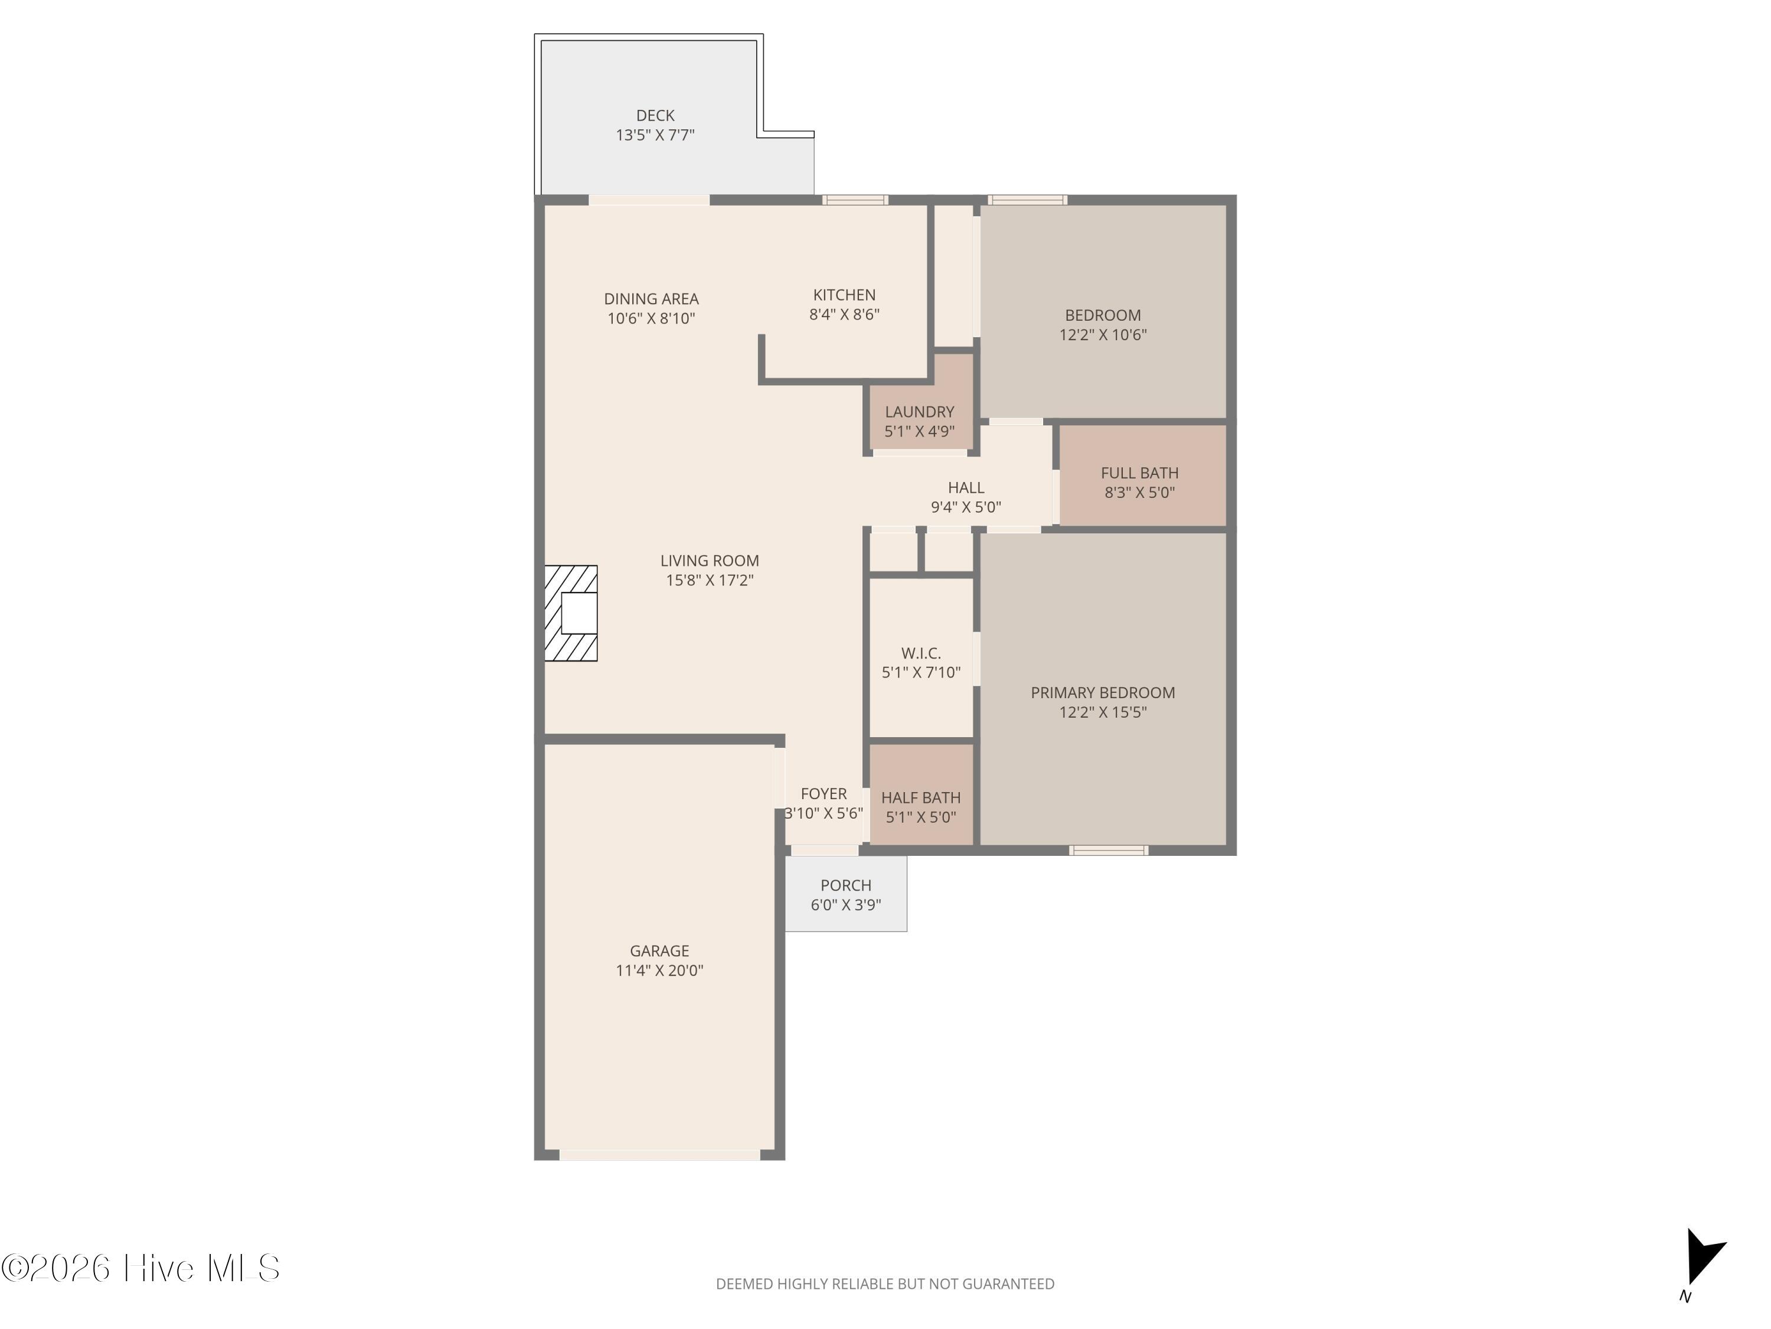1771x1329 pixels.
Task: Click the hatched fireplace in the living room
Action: [x=571, y=614]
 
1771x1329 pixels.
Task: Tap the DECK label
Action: [x=655, y=115]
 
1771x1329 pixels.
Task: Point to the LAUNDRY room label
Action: [x=919, y=412]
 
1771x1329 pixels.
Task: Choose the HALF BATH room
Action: [x=921, y=794]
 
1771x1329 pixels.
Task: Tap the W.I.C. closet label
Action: [x=921, y=653]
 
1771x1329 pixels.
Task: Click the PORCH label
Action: [x=845, y=885]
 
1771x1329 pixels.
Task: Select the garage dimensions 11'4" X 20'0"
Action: [x=659, y=970]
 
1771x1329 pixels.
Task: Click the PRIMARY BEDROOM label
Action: [x=1103, y=693]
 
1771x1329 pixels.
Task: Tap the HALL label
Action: [x=966, y=488]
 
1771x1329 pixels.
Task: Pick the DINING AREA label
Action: [x=651, y=299]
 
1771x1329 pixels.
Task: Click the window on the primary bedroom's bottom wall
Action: [x=1109, y=850]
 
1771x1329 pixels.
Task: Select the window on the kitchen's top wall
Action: [x=855, y=200]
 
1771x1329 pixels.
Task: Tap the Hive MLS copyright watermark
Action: [x=140, y=1268]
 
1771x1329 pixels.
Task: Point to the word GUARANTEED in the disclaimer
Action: [x=1008, y=1284]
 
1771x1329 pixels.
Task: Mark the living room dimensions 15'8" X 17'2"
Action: [x=710, y=581]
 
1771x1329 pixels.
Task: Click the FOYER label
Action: [x=823, y=794]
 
